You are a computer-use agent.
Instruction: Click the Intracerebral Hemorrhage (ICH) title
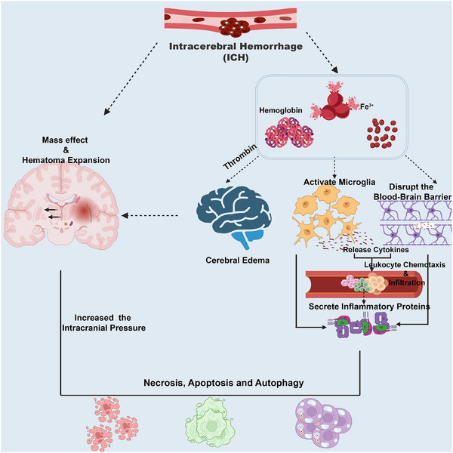tap(236, 52)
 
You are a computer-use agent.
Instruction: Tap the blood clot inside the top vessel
tap(234, 28)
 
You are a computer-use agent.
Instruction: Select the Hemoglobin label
tap(281, 110)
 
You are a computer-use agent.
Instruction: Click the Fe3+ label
tap(367, 106)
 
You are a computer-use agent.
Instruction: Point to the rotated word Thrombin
tap(240, 156)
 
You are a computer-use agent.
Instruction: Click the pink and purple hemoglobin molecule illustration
tap(289, 132)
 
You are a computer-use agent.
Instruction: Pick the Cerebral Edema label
tap(238, 260)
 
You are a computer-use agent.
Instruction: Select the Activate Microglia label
tap(340, 182)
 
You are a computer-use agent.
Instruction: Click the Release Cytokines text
tap(375, 250)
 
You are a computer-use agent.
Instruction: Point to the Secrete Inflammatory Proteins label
tap(369, 307)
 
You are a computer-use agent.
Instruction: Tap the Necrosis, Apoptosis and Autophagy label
tap(223, 383)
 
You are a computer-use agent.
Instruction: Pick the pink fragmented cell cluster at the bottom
tap(112, 424)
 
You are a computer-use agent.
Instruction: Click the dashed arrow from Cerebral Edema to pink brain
tap(149, 215)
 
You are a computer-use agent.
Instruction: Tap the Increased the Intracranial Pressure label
tap(103, 322)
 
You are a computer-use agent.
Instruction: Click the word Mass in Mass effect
tap(52, 140)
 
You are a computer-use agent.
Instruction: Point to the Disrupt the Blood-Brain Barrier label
tap(412, 192)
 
